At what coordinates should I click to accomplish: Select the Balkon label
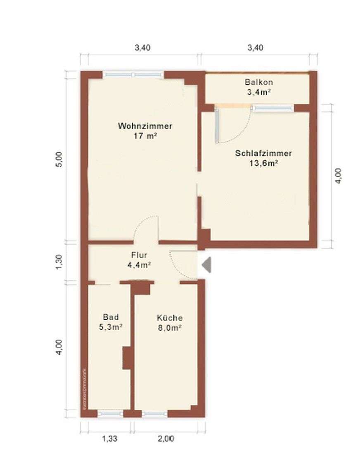pyautogui.click(x=258, y=82)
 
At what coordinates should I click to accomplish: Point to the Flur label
pyautogui.click(x=139, y=255)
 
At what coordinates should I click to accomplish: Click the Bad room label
pyautogui.click(x=111, y=317)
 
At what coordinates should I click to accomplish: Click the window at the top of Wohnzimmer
pyautogui.click(x=133, y=75)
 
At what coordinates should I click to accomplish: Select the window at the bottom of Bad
pyautogui.click(x=110, y=413)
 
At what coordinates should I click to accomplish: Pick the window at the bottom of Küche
pyautogui.click(x=155, y=413)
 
